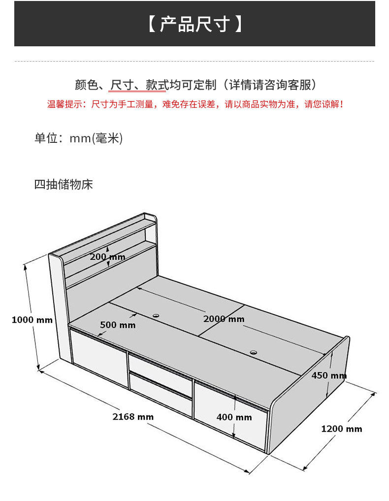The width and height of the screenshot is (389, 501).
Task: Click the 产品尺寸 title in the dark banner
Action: click(194, 24)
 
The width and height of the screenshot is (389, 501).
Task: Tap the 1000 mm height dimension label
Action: click(32, 320)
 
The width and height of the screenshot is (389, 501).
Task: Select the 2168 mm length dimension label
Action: click(133, 417)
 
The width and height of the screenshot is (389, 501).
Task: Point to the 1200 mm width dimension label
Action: click(341, 429)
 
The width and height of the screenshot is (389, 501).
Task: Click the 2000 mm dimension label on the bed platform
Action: click(224, 319)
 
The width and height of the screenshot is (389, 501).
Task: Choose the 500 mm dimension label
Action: click(118, 325)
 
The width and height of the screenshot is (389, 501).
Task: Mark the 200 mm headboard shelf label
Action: click(107, 257)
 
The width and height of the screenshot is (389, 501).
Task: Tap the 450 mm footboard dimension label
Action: click(328, 375)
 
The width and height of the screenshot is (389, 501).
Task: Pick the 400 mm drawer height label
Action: click(234, 417)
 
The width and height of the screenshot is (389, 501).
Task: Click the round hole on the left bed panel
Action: click(156, 315)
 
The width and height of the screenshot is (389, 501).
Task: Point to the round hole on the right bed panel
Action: click(254, 353)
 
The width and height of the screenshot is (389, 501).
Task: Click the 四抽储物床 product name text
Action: click(64, 185)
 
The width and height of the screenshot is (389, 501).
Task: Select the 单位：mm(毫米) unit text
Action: click(78, 138)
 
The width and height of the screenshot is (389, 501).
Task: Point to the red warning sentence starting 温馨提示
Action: click(194, 104)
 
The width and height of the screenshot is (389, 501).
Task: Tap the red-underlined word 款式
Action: click(157, 85)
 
